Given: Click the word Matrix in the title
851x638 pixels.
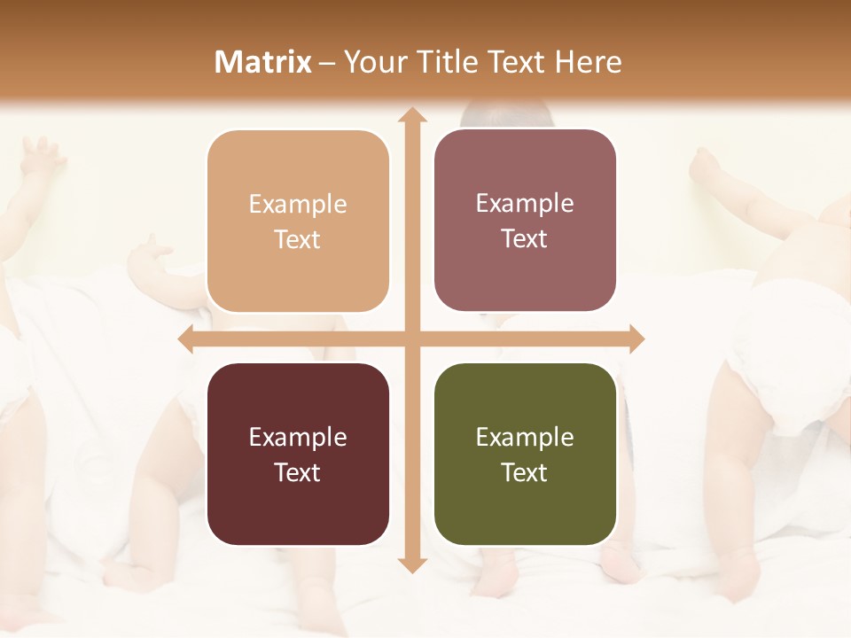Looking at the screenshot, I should click(x=263, y=62).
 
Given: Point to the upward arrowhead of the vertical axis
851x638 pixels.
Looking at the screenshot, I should click(x=411, y=116).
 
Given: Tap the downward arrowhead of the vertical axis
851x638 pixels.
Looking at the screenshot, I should click(x=411, y=564).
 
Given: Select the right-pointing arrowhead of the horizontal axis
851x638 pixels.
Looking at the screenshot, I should click(x=636, y=338).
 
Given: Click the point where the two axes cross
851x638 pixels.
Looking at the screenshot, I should click(x=411, y=338).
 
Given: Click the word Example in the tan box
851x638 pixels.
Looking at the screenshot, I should click(x=298, y=205).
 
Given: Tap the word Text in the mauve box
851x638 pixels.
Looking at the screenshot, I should click(x=525, y=239).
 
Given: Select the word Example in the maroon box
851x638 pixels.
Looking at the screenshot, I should click(x=298, y=437).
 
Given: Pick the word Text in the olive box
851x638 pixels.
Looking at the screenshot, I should click(x=525, y=472).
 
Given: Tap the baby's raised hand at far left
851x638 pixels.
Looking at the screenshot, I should click(x=44, y=156).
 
